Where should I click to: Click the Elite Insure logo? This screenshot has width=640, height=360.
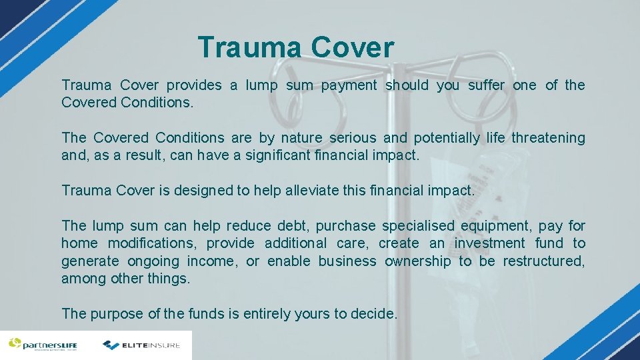(141, 345)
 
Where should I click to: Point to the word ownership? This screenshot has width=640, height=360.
(417, 261)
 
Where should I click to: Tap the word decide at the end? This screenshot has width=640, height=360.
(374, 313)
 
